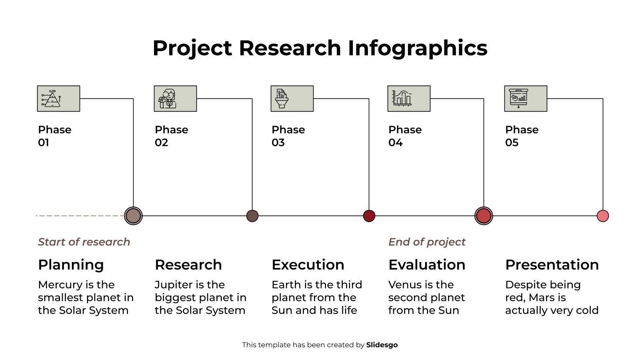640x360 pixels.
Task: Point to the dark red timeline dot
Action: coord(369,216)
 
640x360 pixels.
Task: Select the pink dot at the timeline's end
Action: coord(602,216)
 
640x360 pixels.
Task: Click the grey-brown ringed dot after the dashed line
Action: coord(133,216)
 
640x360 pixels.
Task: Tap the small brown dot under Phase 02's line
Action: coord(252,216)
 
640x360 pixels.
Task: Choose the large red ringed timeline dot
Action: coord(484,216)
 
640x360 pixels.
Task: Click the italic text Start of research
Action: coord(84,242)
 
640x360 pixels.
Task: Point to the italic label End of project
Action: coord(427,242)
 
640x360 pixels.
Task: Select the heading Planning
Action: coord(71,265)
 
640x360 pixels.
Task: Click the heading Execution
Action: coord(308,265)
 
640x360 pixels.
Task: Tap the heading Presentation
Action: coord(552,265)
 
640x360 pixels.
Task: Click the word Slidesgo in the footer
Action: coord(382,345)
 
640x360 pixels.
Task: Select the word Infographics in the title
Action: coord(417,48)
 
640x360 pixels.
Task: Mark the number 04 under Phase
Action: coord(395,142)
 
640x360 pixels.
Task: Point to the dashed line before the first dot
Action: coord(80,216)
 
